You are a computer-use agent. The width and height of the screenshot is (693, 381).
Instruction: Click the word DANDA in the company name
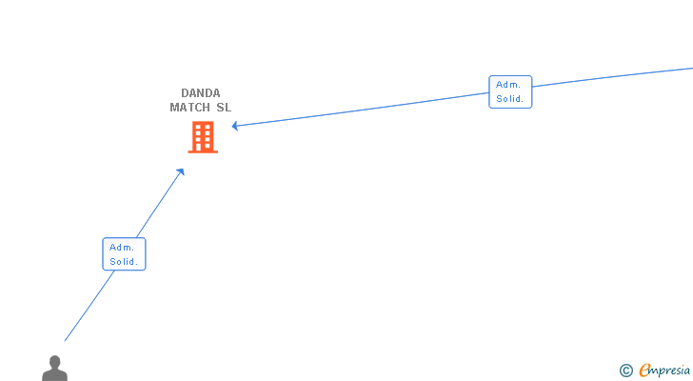[200, 93]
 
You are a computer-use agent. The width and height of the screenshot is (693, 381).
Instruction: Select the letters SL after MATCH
[224, 108]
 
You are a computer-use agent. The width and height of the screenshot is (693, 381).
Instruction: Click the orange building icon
[202, 137]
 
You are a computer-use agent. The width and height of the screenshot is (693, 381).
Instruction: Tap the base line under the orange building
[202, 151]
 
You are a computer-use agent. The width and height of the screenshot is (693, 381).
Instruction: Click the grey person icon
[54, 369]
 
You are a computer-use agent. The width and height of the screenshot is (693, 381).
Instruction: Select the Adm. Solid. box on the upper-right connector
[510, 91]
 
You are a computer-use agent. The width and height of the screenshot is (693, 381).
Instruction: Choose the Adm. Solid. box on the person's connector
[124, 253]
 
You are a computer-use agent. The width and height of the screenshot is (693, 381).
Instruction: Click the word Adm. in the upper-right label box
[507, 85]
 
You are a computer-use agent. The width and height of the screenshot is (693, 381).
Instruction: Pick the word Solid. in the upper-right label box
[510, 98]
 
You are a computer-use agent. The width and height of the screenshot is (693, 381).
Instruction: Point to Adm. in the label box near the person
[121, 247]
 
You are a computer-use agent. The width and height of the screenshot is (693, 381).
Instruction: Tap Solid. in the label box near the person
[124, 261]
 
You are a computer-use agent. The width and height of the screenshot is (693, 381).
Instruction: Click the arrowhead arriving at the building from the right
[234, 126]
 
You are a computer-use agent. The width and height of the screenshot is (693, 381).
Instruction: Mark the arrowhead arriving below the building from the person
[181, 171]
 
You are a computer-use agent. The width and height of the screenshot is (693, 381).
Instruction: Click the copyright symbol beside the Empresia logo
[625, 371]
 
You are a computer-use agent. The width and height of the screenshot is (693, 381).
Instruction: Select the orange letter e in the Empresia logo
[644, 371]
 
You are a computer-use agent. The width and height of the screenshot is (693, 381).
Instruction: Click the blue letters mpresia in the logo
[671, 371]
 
